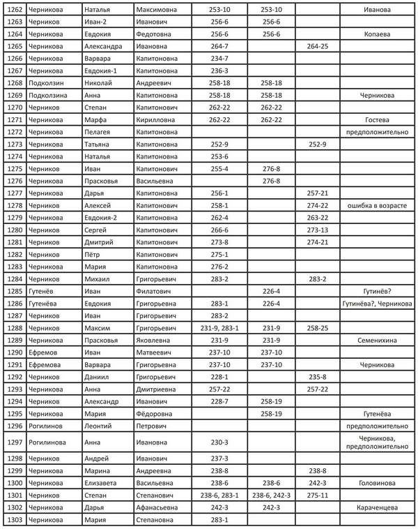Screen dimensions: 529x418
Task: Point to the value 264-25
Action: [x=318, y=46]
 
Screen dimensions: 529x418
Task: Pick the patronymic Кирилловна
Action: [x=158, y=119]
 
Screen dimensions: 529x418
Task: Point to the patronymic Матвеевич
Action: [x=157, y=352]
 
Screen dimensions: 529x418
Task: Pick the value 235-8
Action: [x=318, y=376]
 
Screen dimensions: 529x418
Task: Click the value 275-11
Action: [x=318, y=495]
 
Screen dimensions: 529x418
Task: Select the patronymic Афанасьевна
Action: [x=160, y=507]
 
